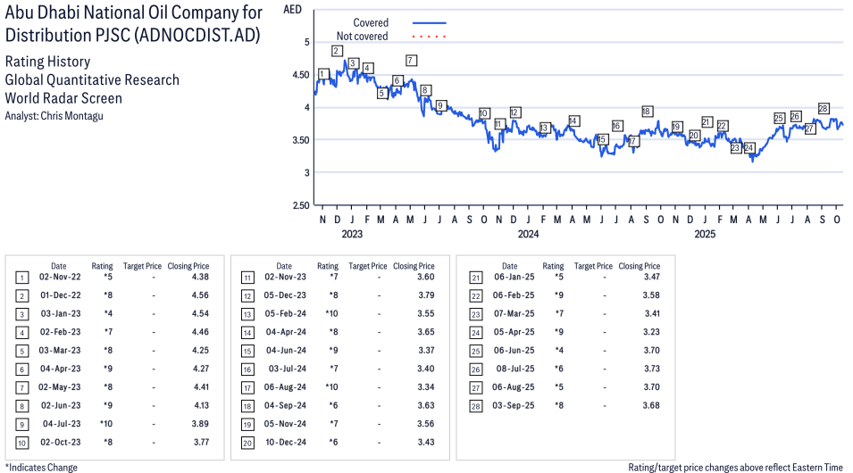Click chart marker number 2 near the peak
(x=337, y=51)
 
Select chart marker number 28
(x=824, y=108)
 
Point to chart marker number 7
(x=411, y=61)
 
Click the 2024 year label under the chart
(x=528, y=234)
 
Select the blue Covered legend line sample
(x=429, y=22)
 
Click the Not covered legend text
(x=362, y=37)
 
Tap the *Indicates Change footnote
(x=41, y=467)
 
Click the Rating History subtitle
(x=47, y=62)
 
